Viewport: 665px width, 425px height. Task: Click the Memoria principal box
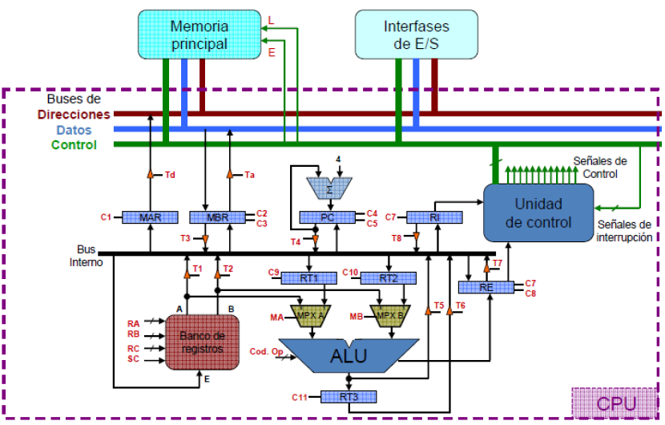pos(199,35)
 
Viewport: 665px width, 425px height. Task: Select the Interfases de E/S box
pos(417,35)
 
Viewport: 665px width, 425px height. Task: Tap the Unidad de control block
pos(538,212)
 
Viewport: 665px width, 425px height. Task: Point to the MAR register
pos(150,217)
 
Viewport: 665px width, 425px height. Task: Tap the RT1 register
pos(308,278)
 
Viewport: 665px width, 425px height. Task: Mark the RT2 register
pos(388,278)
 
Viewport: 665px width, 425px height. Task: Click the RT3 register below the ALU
pos(348,397)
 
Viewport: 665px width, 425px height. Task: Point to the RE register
pos(486,287)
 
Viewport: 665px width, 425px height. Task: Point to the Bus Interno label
pos(86,256)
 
